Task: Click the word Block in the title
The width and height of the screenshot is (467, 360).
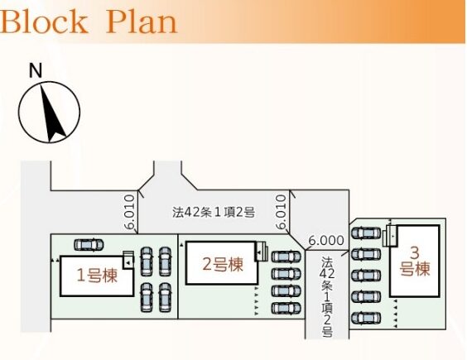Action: click(44, 22)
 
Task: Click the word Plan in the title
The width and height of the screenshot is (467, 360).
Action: click(142, 22)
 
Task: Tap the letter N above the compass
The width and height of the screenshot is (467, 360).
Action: click(36, 71)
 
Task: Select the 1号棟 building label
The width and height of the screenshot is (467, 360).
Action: click(97, 275)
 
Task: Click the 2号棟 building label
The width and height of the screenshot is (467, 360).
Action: click(223, 264)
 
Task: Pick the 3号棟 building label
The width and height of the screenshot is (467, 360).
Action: click(415, 262)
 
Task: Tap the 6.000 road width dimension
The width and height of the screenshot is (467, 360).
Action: click(326, 240)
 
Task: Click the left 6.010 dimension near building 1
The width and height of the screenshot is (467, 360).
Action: click(130, 212)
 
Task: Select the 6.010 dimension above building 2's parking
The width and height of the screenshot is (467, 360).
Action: click(281, 212)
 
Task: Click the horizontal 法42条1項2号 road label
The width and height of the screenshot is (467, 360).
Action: click(214, 213)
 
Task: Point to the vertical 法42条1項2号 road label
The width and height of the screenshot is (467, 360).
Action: click(327, 297)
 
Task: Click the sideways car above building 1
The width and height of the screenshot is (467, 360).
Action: click(89, 245)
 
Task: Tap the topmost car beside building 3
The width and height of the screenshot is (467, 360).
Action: click(366, 233)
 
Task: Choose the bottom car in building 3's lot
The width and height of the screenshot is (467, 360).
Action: click(366, 319)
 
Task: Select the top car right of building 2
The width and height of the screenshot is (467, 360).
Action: click(286, 257)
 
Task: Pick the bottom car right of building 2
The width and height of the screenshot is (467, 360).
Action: click(286, 308)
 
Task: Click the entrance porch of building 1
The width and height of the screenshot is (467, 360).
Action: click(128, 260)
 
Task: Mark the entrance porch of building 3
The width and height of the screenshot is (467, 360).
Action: click(390, 236)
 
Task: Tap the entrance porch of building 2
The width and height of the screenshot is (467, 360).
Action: click(261, 252)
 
